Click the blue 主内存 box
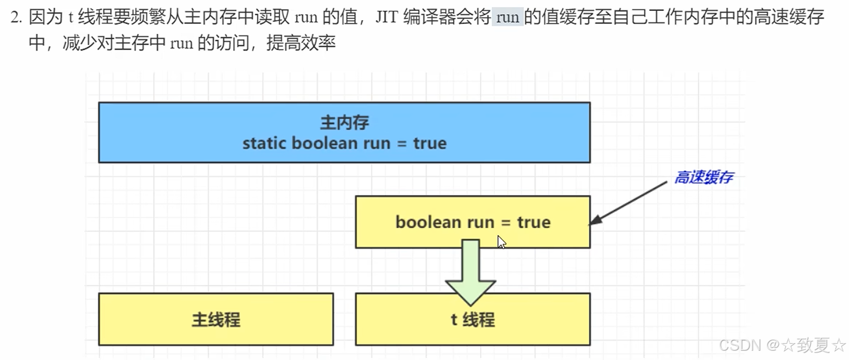click(344, 132)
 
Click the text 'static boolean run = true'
click(344, 143)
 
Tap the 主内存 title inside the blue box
click(344, 122)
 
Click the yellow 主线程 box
click(216, 319)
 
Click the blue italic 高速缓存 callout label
click(703, 178)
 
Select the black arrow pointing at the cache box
click(628, 203)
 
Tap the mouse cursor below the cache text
click(501, 242)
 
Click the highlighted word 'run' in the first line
click(508, 17)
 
